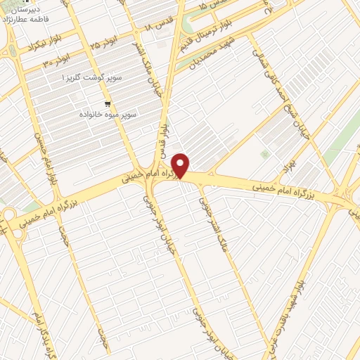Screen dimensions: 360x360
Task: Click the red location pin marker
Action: (x=181, y=166)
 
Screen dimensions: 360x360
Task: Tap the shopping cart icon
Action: (x=107, y=103)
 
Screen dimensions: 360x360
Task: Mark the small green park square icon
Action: (x=264, y=153)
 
